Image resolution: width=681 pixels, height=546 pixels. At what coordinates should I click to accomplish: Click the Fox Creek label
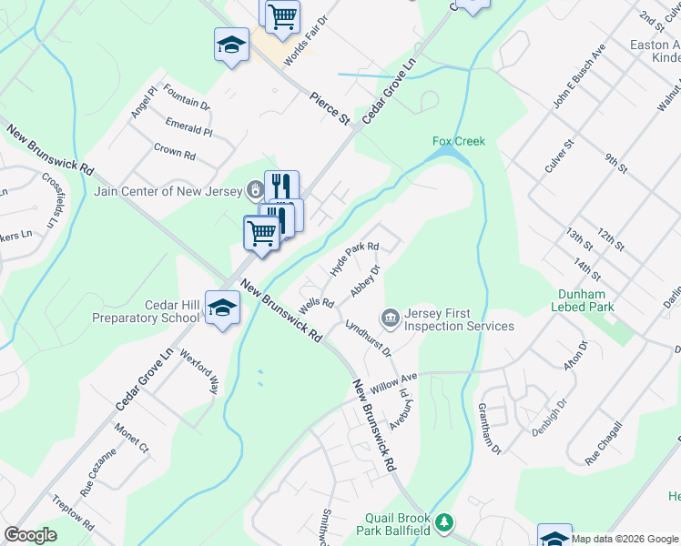(x=459, y=141)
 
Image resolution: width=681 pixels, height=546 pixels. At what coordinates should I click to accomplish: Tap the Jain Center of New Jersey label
(x=168, y=191)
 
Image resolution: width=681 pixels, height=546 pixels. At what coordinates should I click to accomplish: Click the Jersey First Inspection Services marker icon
(x=391, y=318)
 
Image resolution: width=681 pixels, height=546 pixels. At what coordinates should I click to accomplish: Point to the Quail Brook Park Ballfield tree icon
(x=443, y=522)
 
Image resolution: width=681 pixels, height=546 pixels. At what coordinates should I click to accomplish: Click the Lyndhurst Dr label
(x=368, y=338)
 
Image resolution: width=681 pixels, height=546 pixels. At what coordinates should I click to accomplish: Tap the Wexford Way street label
(x=200, y=370)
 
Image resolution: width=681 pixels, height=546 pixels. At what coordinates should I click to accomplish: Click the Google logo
(x=31, y=535)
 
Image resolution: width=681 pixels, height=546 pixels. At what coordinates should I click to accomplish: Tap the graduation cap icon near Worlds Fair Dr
(x=231, y=45)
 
